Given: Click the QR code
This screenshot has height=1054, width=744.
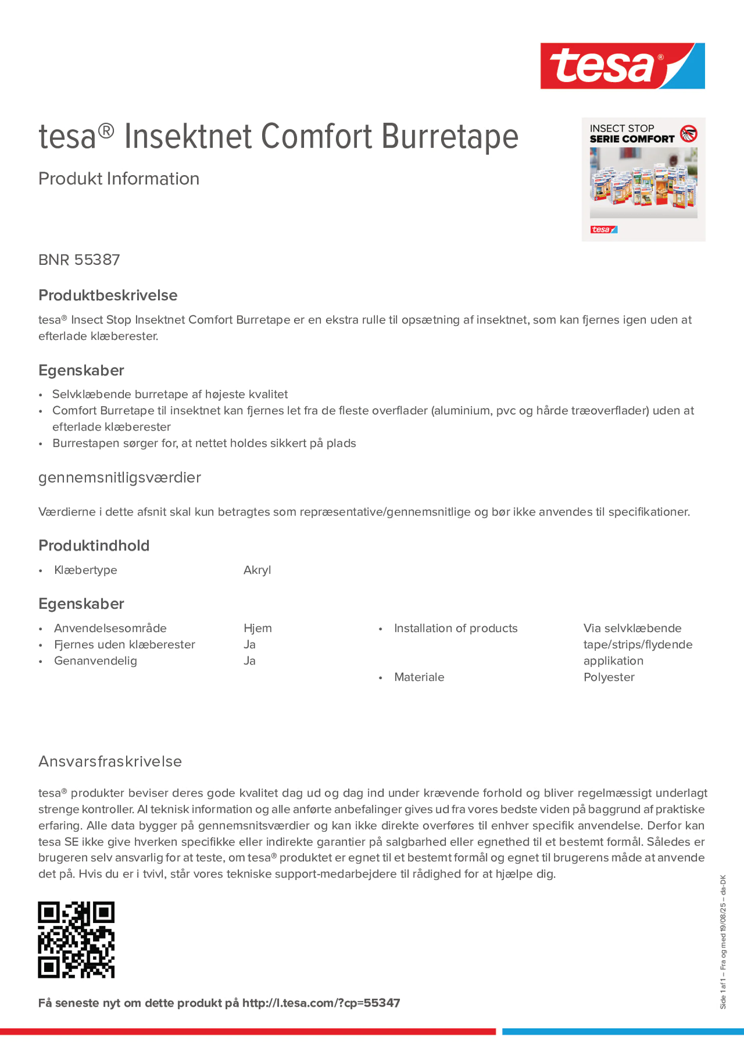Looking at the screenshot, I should tap(76, 940).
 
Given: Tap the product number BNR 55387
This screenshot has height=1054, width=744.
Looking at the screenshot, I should tap(79, 260).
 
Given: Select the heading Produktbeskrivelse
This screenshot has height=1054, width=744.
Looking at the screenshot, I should tap(108, 295).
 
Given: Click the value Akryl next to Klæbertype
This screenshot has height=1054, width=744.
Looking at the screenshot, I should tap(257, 570).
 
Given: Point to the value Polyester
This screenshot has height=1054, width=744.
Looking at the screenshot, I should tap(609, 677).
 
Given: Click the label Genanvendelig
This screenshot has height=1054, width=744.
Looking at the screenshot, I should tap(95, 661).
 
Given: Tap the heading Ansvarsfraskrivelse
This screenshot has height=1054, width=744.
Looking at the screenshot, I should tap(110, 762).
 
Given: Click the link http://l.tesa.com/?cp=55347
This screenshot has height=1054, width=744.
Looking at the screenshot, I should tap(321, 1003).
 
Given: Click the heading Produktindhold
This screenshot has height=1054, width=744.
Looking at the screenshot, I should tap(94, 546).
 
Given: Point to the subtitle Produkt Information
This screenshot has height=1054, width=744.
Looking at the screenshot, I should tap(119, 179).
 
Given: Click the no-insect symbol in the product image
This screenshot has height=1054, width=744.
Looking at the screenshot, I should tap(688, 134).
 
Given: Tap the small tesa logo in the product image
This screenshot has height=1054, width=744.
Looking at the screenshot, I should tap(603, 230).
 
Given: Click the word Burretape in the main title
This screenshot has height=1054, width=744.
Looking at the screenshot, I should tap(449, 137).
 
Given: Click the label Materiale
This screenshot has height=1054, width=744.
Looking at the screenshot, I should tap(419, 677).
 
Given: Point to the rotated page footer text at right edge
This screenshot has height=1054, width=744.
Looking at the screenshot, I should tap(723, 942).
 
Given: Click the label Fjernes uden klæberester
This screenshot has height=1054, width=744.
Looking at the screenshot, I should tap(124, 645).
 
